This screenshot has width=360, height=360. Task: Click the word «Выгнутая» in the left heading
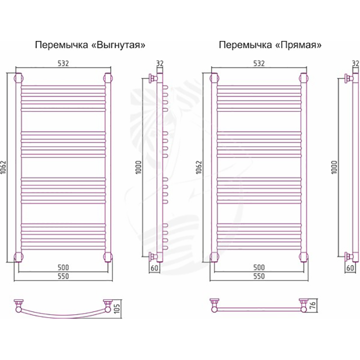pos(118,45)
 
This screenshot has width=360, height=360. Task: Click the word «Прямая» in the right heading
pos(298,45)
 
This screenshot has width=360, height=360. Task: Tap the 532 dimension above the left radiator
pos(63,63)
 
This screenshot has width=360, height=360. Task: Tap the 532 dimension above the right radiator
pos(259,63)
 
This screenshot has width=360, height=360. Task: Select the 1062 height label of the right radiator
pos(199,167)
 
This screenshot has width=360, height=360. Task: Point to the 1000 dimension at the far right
pos(334,167)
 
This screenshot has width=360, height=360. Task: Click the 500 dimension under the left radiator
pos(63,267)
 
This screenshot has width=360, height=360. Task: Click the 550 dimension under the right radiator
pos(259,276)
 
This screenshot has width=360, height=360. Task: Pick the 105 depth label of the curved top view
pos(117,309)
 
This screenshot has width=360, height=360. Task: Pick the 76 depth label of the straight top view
pos(313,305)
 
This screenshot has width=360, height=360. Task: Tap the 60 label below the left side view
pos(155,268)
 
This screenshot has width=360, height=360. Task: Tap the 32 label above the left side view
pos(160,63)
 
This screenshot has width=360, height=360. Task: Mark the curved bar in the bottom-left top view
pos(63,315)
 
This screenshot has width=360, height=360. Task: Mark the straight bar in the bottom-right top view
pos(259,309)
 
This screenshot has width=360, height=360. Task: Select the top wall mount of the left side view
pos(153,78)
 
